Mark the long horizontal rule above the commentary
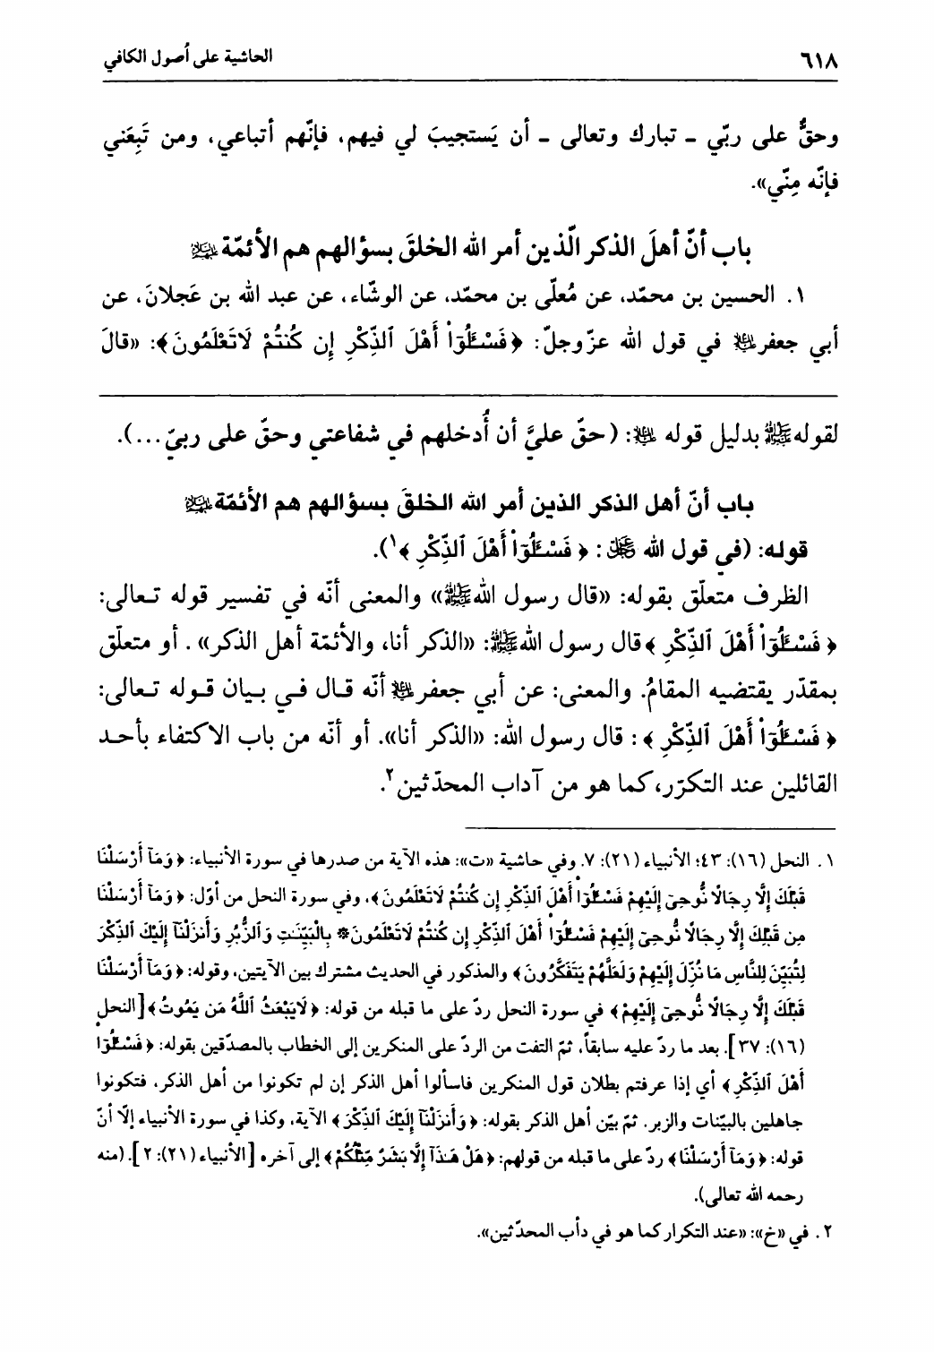tap(466, 395)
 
